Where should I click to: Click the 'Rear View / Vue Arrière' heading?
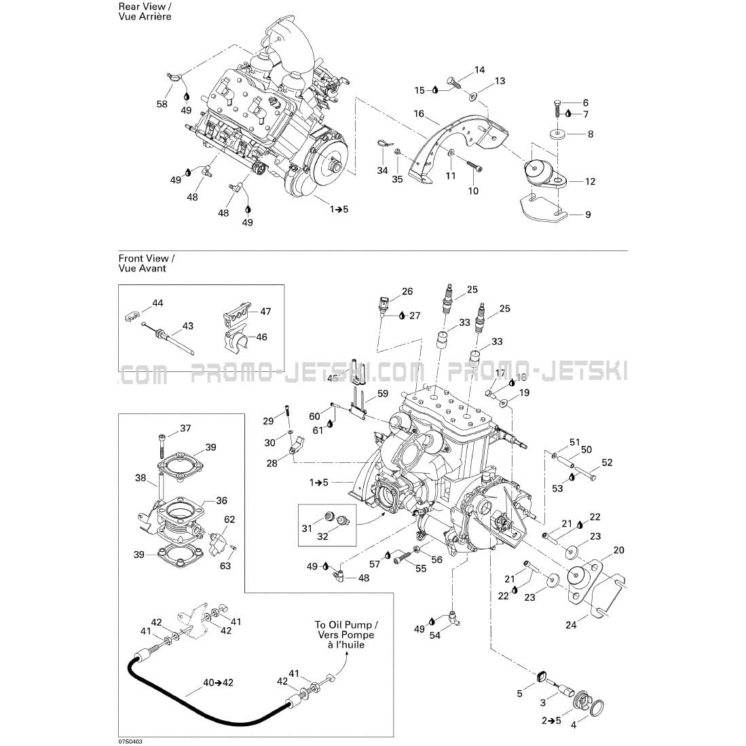[x=145, y=12]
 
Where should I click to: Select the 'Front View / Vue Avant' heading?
[x=147, y=263]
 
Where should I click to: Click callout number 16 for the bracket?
[x=419, y=113]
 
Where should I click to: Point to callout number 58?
[x=162, y=104]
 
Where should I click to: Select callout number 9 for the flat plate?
[x=588, y=215]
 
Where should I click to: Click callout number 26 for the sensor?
[x=407, y=292]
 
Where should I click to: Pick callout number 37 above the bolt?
[x=185, y=428]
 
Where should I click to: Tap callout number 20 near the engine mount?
[x=618, y=550]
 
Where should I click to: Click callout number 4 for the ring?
[x=574, y=725]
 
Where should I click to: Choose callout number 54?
[x=435, y=635]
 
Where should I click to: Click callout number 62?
[x=229, y=519]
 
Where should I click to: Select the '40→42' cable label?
[x=219, y=682]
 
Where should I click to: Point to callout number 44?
[x=157, y=303]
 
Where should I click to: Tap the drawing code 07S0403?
[x=130, y=741]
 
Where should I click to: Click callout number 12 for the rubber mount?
[x=590, y=181]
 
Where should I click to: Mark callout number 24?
[x=571, y=624]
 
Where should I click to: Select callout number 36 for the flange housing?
[x=221, y=500]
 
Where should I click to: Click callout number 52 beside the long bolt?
[x=607, y=463]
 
